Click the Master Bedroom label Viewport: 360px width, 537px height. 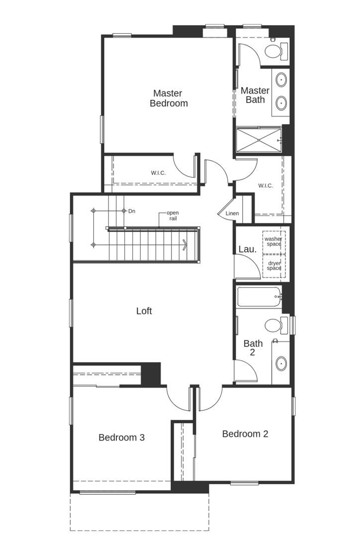coord(169,98)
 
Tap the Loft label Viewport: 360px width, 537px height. coord(144,311)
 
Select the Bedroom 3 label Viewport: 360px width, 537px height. coord(121,437)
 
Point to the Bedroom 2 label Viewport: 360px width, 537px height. coord(245,434)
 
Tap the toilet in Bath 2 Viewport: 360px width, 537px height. coord(276,325)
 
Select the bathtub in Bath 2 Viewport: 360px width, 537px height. coord(259,297)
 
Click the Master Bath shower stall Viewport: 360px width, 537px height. coord(259,139)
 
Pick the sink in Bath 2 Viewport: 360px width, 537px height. coord(281,363)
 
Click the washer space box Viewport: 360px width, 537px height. coord(274,242)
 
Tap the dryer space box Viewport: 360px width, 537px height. coord(274,266)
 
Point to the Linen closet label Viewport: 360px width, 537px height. coord(232,214)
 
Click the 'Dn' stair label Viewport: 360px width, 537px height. coord(132,211)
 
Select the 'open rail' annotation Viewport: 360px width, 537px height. coord(173,216)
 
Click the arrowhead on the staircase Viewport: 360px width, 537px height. coord(185,245)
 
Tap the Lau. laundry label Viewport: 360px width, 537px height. coord(248,249)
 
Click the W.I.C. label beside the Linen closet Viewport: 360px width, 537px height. coord(266,186)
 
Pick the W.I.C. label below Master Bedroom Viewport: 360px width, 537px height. coord(158,173)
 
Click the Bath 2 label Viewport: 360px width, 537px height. coord(253,347)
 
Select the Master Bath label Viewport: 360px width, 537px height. coord(255,95)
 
